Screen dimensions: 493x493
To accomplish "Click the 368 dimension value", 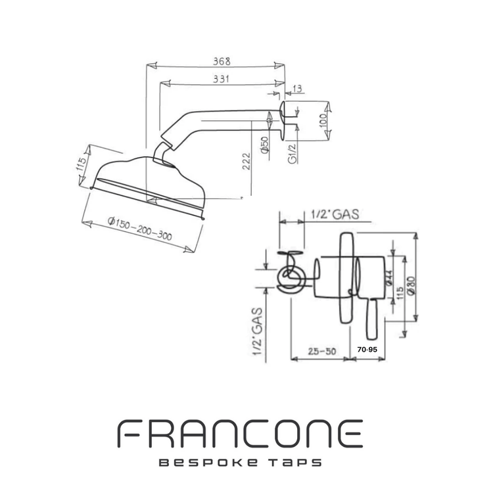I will pyautogui.click(x=221, y=61).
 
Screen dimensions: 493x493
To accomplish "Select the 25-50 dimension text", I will pyautogui.click(x=321, y=351).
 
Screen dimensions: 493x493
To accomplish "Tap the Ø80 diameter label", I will pyautogui.click(x=411, y=285).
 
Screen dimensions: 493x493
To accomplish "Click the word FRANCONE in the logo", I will pyautogui.click(x=240, y=434).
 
